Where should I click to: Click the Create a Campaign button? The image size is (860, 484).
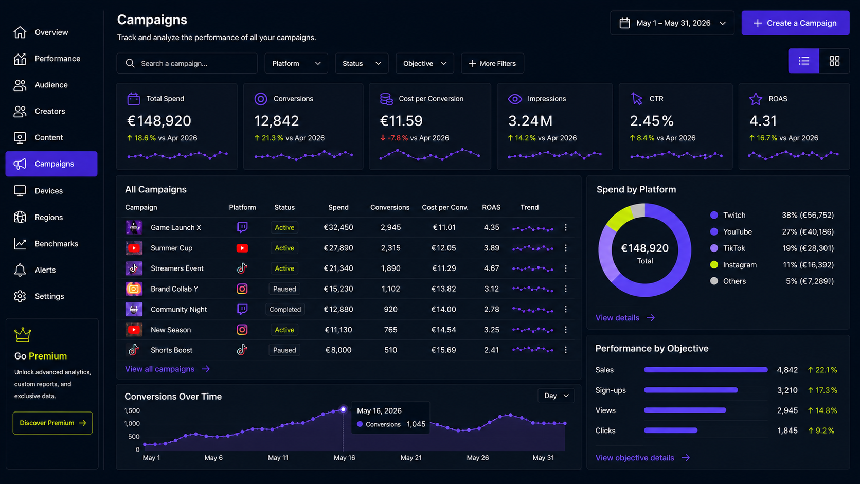[795, 23]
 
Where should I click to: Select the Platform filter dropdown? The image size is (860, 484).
[296, 63]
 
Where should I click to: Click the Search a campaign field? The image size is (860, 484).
[187, 63]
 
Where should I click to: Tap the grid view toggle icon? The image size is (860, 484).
[834, 61]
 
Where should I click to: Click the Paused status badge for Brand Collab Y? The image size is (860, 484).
[284, 289]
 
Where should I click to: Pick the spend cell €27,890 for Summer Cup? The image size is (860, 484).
[338, 248]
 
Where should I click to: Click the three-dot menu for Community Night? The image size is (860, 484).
[565, 309]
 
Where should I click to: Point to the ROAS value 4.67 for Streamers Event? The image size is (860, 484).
[491, 268]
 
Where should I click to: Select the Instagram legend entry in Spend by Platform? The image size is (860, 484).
[733, 265]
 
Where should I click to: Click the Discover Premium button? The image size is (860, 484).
[52, 423]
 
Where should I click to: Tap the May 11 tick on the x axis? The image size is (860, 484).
[278, 458]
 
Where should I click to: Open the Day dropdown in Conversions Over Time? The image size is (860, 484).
[556, 396]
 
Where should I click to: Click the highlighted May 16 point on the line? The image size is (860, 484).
[343, 409]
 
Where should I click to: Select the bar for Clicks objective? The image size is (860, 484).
[670, 431]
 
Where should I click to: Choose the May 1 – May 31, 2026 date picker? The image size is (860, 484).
[672, 23]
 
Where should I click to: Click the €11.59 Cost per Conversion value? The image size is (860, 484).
[401, 121]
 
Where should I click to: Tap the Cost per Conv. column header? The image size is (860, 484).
[445, 207]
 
